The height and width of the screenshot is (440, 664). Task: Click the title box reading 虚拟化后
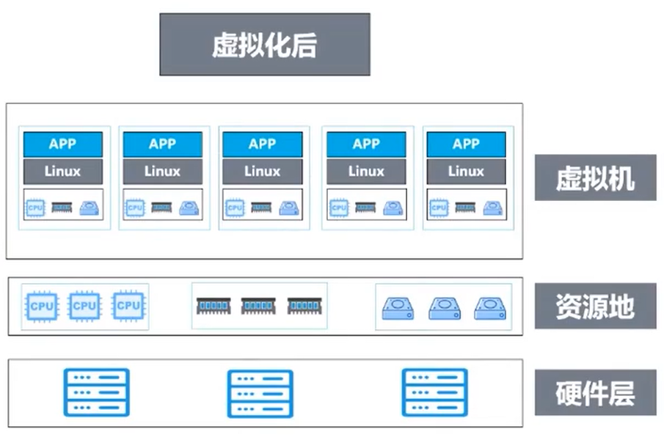pyautogui.click(x=265, y=45)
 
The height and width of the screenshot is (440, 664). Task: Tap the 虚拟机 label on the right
pyautogui.click(x=595, y=177)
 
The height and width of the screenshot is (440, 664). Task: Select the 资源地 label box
pyautogui.click(x=595, y=306)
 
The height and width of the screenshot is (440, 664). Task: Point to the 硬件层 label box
pyautogui.click(x=595, y=392)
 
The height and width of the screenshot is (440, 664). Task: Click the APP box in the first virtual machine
pyautogui.click(x=62, y=144)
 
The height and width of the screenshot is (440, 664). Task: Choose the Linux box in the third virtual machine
pyautogui.click(x=263, y=172)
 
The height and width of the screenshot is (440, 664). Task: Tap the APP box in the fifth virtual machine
pyautogui.click(x=466, y=144)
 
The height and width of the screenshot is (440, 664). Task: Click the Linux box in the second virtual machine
pyautogui.click(x=163, y=172)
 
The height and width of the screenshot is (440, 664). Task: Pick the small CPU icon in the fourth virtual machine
pyautogui.click(x=339, y=208)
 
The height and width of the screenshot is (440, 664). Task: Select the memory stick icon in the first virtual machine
pyautogui.click(x=62, y=208)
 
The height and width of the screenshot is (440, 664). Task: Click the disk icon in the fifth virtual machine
pyautogui.click(x=492, y=208)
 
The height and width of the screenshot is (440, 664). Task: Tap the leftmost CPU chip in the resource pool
pyautogui.click(x=42, y=307)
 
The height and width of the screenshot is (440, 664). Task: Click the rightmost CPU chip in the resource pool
pyautogui.click(x=128, y=306)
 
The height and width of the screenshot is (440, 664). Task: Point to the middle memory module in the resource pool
pyautogui.click(x=258, y=306)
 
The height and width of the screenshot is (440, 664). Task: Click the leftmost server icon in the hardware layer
pyautogui.click(x=97, y=392)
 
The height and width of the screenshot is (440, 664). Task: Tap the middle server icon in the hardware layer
pyautogui.click(x=260, y=394)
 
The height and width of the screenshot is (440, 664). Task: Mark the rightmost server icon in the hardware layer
pyautogui.click(x=434, y=392)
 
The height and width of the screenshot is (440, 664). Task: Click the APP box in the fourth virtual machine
pyautogui.click(x=366, y=144)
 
